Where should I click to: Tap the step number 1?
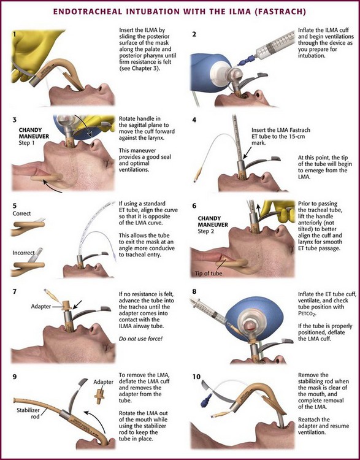coord(15,34)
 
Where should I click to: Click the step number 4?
coord(194,120)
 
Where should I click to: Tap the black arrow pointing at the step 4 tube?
coord(247,152)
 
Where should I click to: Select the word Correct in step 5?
coord(21,213)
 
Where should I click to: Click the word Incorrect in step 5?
coord(23,253)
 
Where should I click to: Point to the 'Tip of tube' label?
coord(209,274)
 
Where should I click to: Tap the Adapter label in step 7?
coord(40,307)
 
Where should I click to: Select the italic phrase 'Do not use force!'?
coord(140,339)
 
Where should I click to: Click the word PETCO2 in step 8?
coord(308,313)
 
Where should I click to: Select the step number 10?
coord(196,377)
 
